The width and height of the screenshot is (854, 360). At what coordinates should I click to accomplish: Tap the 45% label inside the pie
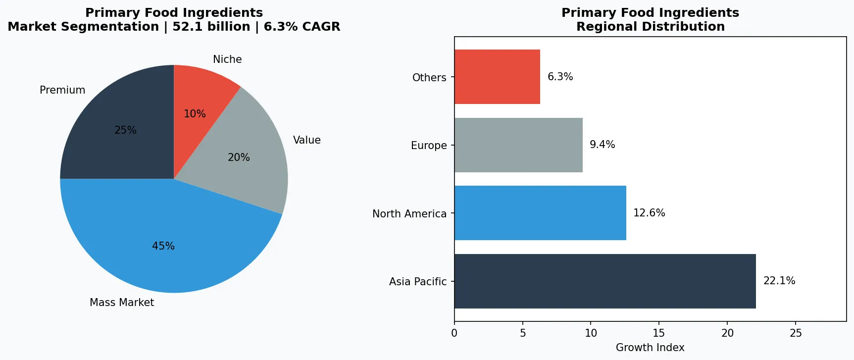(x=163, y=246)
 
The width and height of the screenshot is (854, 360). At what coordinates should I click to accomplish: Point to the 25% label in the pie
(x=125, y=130)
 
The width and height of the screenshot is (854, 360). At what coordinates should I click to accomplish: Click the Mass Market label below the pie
(x=122, y=303)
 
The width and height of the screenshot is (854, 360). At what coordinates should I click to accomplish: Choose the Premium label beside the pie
(x=62, y=90)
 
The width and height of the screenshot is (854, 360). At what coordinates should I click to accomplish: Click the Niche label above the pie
(x=227, y=59)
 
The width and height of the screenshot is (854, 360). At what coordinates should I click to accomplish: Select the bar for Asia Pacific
(x=605, y=281)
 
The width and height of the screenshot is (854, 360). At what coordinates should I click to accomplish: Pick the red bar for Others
(x=497, y=77)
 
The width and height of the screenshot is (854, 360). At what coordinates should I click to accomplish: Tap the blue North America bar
(x=540, y=213)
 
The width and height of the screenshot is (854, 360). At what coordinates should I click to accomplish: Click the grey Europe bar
(x=518, y=145)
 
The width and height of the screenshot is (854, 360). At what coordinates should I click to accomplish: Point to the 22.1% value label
(x=779, y=281)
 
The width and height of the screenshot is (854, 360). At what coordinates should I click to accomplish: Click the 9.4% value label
(x=603, y=145)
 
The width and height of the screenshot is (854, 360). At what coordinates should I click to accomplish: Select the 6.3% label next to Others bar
(x=560, y=77)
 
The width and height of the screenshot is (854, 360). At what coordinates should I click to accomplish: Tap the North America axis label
(x=409, y=213)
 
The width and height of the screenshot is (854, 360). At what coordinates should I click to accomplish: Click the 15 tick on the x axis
(x=659, y=333)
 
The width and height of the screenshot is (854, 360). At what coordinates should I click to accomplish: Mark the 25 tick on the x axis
(x=796, y=333)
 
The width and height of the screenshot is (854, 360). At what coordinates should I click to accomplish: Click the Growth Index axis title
(x=650, y=348)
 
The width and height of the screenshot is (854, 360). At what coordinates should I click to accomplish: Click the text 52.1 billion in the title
(x=211, y=27)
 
